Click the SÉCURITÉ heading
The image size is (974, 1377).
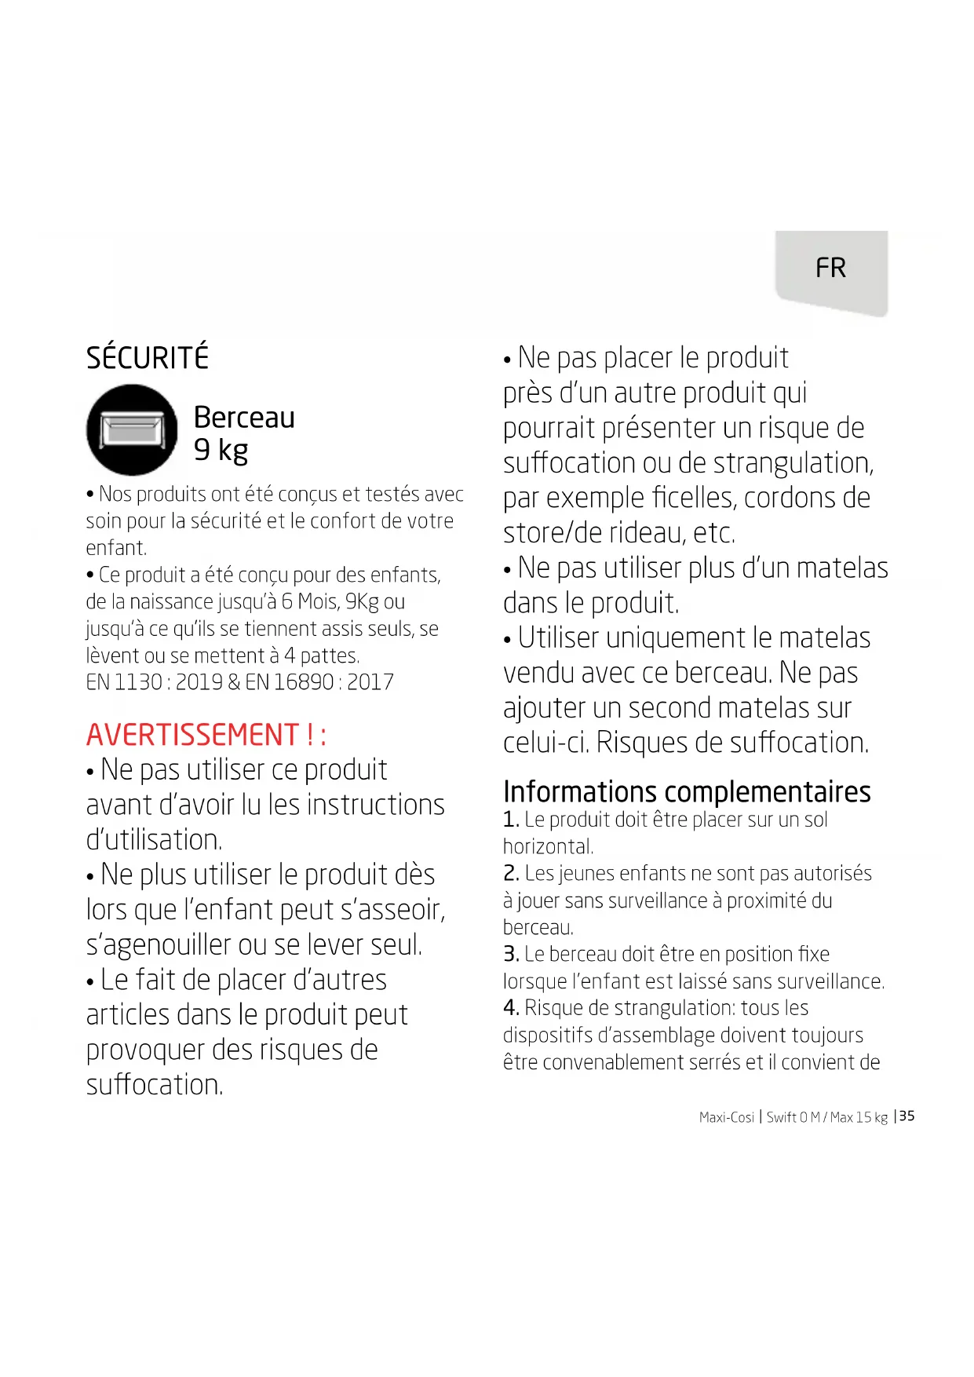148,358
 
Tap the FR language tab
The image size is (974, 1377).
830,268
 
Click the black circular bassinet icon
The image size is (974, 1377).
132,430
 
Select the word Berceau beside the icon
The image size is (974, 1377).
244,418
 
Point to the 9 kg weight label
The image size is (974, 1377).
221,451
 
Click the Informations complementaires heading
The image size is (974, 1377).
687,791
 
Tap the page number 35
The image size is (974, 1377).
907,1116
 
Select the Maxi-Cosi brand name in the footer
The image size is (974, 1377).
726,1117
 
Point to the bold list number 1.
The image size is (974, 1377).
511,820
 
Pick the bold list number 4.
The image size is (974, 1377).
511,1008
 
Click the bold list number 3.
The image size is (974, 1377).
511,955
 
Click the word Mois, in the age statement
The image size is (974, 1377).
319,602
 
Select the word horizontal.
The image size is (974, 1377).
548,847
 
